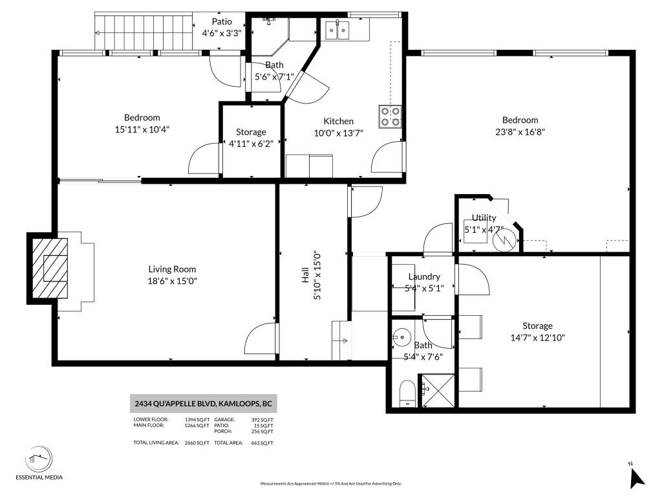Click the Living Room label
tap(172, 269)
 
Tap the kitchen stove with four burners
tap(390, 116)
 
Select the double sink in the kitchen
tap(337, 30)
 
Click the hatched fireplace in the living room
tap(50, 268)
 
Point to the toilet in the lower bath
tap(407, 393)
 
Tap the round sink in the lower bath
tap(401, 337)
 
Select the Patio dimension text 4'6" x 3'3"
tap(221, 33)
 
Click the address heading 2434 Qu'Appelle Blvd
tap(203, 404)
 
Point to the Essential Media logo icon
tap(39, 459)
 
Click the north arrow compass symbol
tap(637, 477)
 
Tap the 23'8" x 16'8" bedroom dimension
tap(520, 132)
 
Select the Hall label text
tap(305, 274)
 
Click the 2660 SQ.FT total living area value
tap(197, 443)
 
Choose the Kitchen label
tap(338, 121)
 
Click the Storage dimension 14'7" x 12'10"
tap(537, 338)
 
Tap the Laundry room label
tap(424, 276)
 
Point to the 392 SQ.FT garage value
tap(262, 419)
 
